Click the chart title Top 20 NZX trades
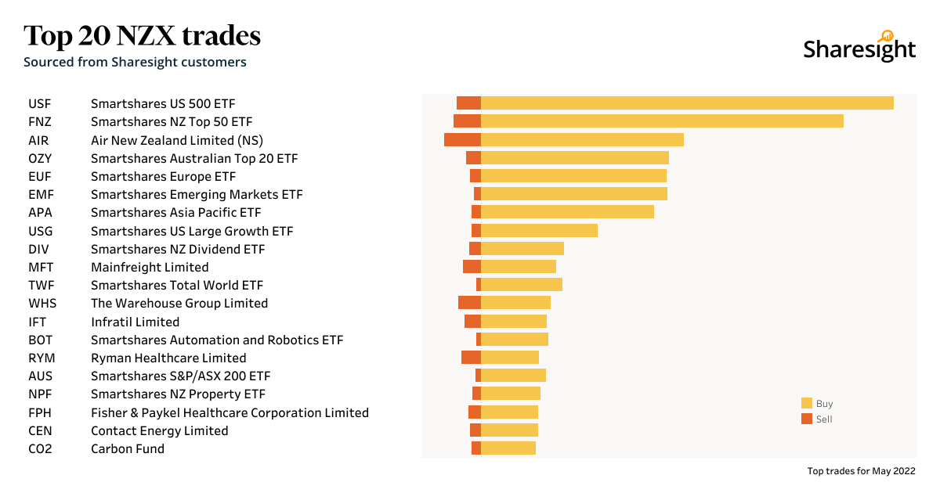142,35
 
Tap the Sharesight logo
859,48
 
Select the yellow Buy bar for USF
687,103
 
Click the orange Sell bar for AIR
462,140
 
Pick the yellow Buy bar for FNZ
662,121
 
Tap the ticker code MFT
42,267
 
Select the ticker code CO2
40,449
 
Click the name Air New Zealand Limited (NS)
176,140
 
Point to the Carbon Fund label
128,449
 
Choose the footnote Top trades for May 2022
861,471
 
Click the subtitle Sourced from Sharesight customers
135,62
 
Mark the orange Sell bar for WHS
469,303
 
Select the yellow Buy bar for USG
539,230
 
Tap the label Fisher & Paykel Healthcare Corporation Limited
230,412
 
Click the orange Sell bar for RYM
471,358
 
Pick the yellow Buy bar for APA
567,212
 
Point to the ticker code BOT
41,340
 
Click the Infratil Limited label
135,322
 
